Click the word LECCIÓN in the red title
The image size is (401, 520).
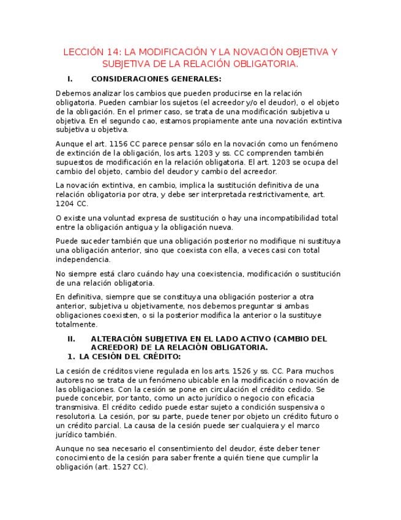[x=84, y=52]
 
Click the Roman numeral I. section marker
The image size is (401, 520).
[x=70, y=78]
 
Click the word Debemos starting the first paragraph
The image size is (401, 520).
[x=72, y=93]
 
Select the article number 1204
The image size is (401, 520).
[x=66, y=203]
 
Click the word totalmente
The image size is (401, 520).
[x=75, y=324]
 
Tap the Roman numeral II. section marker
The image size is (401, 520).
[x=71, y=338]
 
